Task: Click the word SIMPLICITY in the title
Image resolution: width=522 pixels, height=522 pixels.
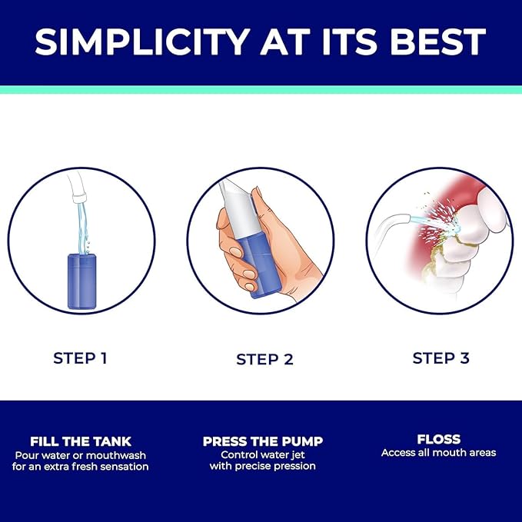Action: pyautogui.click(x=142, y=42)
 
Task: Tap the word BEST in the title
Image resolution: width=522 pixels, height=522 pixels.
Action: pyautogui.click(x=438, y=42)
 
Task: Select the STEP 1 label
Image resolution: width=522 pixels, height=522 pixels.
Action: pyautogui.click(x=80, y=358)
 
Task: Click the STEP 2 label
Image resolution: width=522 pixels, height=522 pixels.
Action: pyautogui.click(x=264, y=360)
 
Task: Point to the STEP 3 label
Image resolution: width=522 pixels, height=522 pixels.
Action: pyautogui.click(x=441, y=358)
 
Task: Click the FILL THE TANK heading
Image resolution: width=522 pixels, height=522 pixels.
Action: pyautogui.click(x=81, y=441)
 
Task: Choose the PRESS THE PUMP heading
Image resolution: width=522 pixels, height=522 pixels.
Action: pyautogui.click(x=263, y=441)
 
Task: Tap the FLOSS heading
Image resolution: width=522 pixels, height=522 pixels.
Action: pyautogui.click(x=439, y=440)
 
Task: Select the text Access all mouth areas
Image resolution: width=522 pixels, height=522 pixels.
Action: pyautogui.click(x=439, y=453)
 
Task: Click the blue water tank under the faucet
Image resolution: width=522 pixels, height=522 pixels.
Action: pyautogui.click(x=82, y=281)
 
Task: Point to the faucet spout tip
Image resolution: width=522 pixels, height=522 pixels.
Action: pyautogui.click(x=80, y=199)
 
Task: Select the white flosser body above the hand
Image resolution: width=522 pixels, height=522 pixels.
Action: pyautogui.click(x=239, y=209)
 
